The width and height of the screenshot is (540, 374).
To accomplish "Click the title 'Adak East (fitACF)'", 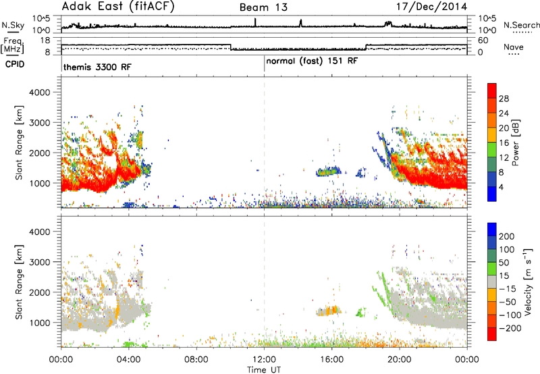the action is click(x=118, y=6).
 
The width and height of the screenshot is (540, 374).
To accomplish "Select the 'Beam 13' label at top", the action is click(x=263, y=7).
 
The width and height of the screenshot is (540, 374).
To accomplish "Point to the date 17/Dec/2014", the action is click(x=431, y=7).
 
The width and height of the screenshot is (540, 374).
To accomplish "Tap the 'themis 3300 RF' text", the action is click(x=97, y=67).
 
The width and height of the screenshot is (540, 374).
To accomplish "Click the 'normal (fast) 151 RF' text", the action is click(x=312, y=61).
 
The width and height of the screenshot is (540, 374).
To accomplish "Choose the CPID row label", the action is click(x=15, y=64).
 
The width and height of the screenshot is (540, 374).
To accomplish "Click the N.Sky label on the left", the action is click(x=13, y=25).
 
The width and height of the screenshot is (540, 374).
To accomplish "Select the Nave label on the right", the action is click(x=514, y=47).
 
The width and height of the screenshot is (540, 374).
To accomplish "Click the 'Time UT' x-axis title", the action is click(x=264, y=370).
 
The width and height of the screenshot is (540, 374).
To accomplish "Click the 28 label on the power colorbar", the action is click(x=504, y=99).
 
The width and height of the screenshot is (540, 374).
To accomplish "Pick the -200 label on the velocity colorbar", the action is click(x=510, y=328).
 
